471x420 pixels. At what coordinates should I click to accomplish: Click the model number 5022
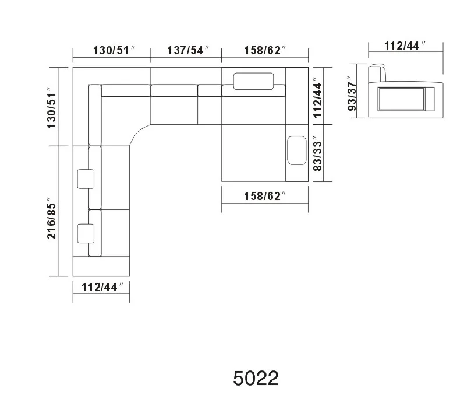256,378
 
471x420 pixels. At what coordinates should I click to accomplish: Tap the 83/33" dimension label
317,155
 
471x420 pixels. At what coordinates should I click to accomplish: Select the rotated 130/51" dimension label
52,108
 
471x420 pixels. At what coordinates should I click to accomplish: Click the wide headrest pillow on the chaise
254,80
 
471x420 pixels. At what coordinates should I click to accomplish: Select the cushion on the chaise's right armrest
297,150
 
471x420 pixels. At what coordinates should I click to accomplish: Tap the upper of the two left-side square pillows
86,179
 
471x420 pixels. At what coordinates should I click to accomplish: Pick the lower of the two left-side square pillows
86,233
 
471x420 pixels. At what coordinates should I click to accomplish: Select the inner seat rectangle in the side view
402,99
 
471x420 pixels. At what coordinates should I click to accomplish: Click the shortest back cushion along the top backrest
209,90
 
